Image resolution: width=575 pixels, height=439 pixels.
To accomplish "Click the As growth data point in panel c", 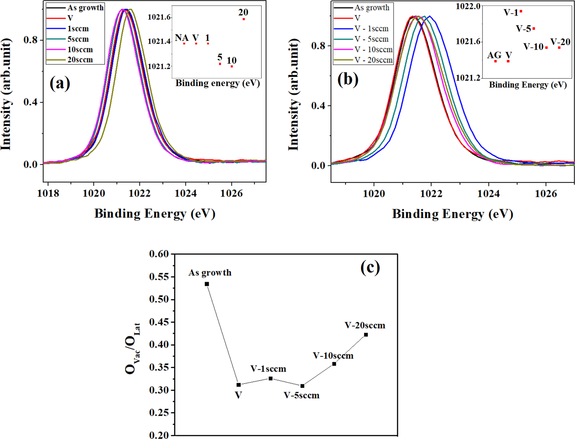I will pyautogui.click(x=207, y=284).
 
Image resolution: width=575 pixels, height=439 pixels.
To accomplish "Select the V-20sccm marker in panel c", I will pyautogui.click(x=366, y=335).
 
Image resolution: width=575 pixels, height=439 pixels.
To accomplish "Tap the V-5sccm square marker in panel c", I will pyautogui.click(x=302, y=386).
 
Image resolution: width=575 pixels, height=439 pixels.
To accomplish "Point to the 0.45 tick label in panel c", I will pyautogui.click(x=159, y=322).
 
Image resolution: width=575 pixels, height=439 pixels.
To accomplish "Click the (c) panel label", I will pyautogui.click(x=370, y=268).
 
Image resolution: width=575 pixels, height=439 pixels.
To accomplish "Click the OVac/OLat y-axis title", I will pyautogui.click(x=133, y=348).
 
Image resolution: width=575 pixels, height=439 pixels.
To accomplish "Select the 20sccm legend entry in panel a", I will pyautogui.click(x=80, y=60).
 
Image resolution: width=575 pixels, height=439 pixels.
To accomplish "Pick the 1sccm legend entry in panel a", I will pyautogui.click(x=78, y=29).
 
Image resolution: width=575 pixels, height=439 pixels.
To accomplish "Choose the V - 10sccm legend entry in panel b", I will pyautogui.click(x=373, y=50).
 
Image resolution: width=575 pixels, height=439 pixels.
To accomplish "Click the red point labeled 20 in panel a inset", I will pyautogui.click(x=244, y=19).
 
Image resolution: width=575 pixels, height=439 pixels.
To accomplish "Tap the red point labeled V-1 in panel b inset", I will pyautogui.click(x=521, y=12).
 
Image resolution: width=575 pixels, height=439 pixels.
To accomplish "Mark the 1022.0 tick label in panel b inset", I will pyautogui.click(x=468, y=6).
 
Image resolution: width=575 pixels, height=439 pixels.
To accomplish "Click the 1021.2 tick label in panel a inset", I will pyautogui.click(x=159, y=66).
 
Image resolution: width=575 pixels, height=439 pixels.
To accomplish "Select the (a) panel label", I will pyautogui.click(x=60, y=84).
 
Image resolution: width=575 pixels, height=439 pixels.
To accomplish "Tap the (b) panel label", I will pyautogui.click(x=348, y=80).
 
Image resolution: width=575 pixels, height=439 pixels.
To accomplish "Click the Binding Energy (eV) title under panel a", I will pyautogui.click(x=154, y=214).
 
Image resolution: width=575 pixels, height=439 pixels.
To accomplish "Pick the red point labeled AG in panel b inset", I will pyautogui.click(x=495, y=61).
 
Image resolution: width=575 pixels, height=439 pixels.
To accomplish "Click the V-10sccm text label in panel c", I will pyautogui.click(x=333, y=356).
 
